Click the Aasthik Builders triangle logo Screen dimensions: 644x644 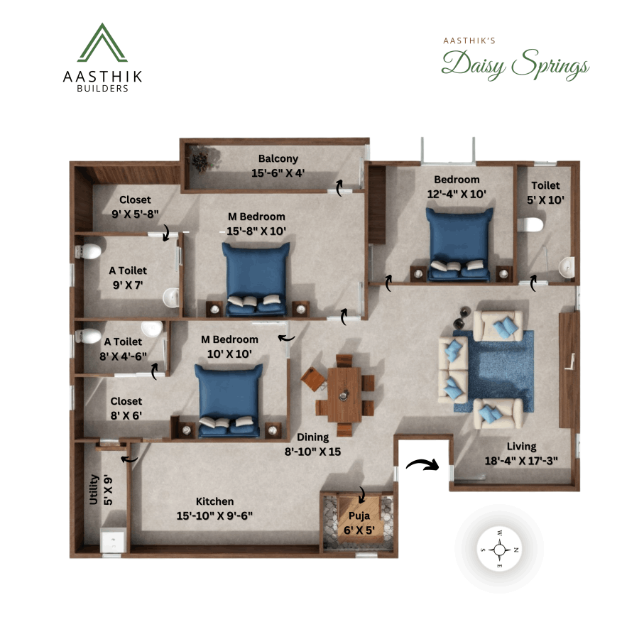tap(102, 43)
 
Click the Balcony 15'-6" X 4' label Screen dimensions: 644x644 tap(278, 165)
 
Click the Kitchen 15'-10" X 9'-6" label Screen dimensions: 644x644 tap(214, 508)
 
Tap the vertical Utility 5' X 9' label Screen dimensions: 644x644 tap(99, 489)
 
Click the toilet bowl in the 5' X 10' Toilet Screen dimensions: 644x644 tap(531, 225)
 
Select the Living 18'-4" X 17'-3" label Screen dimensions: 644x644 tap(522, 452)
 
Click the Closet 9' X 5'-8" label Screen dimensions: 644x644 tap(135, 206)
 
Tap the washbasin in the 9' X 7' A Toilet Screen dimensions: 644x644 tap(170, 298)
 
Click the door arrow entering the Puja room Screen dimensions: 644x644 tap(362, 493)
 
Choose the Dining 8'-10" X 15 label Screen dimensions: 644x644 tap(313, 444)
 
